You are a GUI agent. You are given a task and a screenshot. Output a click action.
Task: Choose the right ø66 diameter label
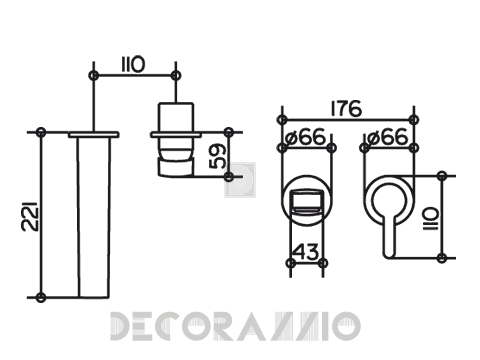coord(386,137)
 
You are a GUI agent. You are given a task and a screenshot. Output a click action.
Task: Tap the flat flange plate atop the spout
coord(93,133)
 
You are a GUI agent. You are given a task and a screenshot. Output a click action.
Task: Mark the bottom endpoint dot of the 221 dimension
coord(41,297)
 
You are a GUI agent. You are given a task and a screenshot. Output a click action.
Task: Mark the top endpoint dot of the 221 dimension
coord(41,132)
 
